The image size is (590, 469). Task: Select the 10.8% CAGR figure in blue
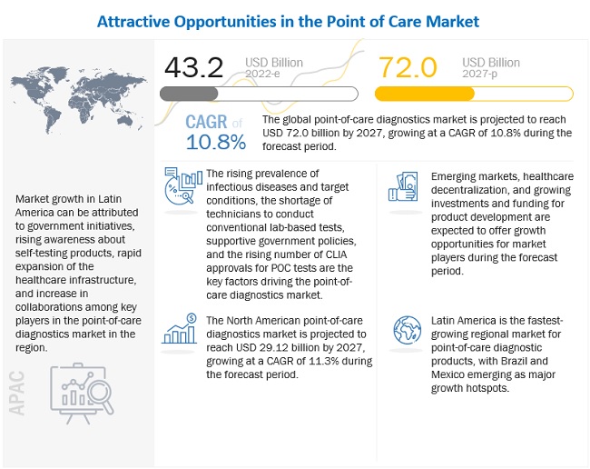coord(216,142)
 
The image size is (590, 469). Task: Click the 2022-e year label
coord(273,75)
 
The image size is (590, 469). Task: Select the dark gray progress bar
coord(189,94)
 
